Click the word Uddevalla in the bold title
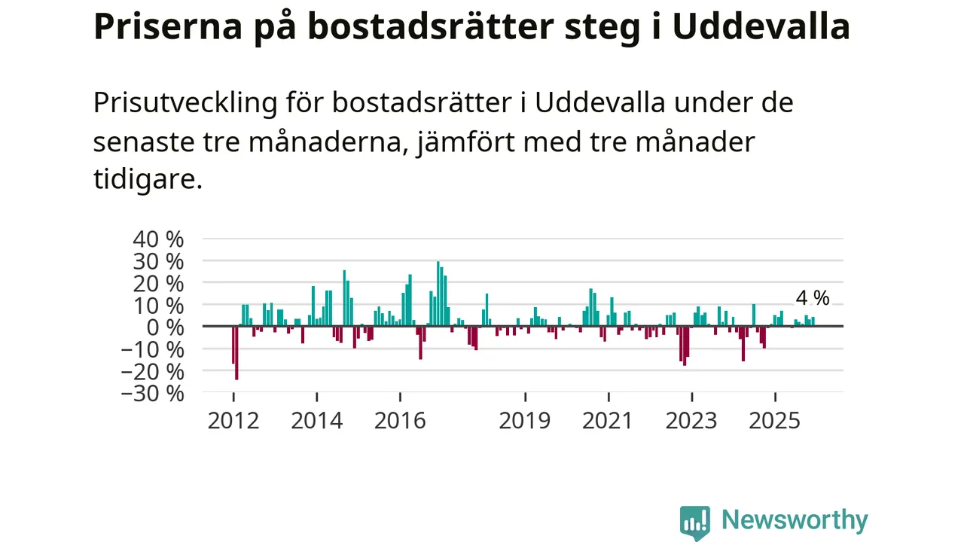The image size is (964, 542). tap(761, 27)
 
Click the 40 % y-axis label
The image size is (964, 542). tap(158, 239)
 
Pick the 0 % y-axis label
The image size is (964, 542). tap(166, 327)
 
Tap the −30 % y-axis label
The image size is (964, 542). tap(152, 393)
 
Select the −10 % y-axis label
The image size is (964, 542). tap(152, 349)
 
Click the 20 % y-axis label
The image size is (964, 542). tap(158, 284)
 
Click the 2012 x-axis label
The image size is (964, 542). tap(233, 420)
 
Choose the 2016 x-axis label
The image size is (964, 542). tap(400, 420)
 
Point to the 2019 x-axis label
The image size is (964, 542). tap(525, 420)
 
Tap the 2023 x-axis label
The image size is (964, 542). tap(691, 420)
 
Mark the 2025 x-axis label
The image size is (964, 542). tap(775, 420)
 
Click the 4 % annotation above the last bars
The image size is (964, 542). tap(812, 298)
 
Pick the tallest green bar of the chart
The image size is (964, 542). tap(438, 294)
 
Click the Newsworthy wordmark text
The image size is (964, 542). tap(795, 520)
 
